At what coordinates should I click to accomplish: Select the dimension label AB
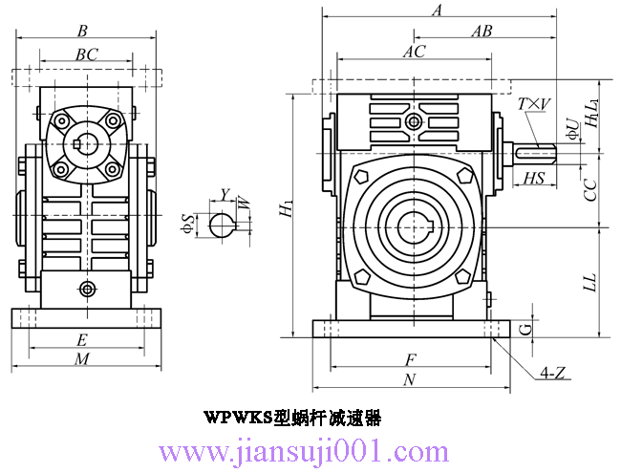[482, 31]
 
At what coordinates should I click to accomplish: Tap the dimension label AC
[414, 52]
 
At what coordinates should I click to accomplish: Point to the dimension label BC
[87, 55]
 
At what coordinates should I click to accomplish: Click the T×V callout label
[530, 104]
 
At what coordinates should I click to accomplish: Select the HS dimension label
[536, 179]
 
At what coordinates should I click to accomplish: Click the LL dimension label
[591, 281]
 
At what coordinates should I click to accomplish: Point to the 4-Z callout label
[555, 373]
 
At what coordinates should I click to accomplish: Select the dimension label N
[410, 379]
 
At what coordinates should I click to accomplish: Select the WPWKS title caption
[292, 418]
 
